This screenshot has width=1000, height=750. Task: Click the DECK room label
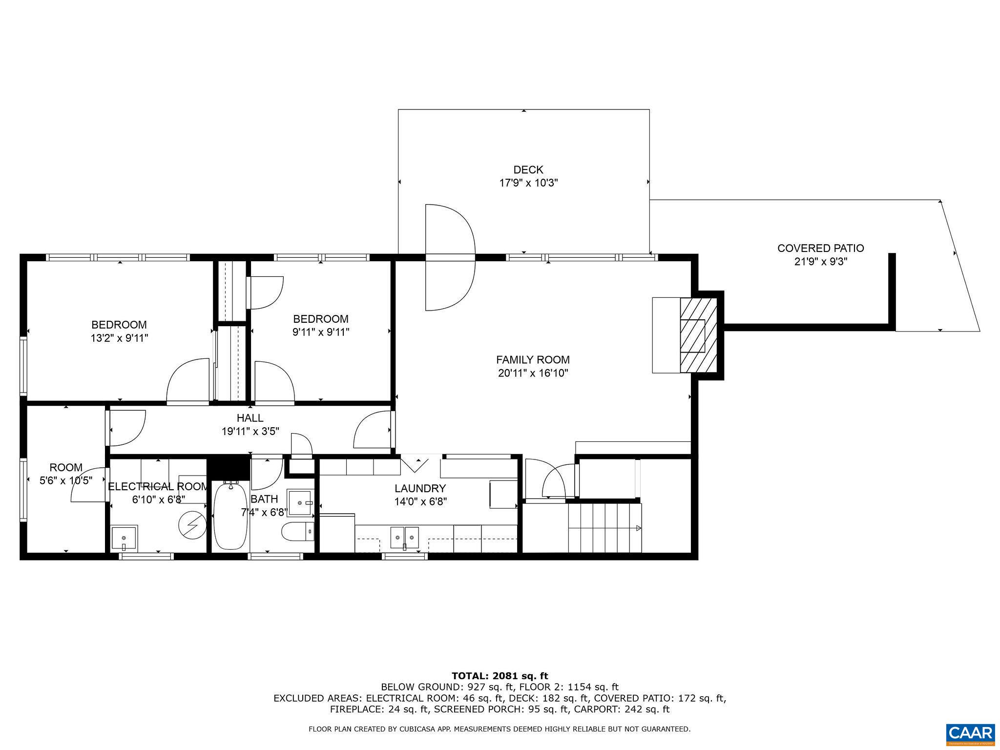tap(528, 170)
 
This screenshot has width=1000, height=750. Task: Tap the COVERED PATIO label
tap(820, 248)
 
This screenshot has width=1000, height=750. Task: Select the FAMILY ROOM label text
tap(533, 360)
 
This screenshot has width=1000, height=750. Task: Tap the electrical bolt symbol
tap(192, 525)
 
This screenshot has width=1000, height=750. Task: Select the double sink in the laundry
tap(405, 538)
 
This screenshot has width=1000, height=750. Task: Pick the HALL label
tap(250, 418)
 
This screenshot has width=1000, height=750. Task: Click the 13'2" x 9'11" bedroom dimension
tap(119, 338)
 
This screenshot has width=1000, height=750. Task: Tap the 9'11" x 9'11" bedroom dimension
tap(321, 332)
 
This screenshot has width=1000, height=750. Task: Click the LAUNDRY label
tap(420, 488)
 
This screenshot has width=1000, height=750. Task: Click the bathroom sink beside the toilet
tap(300, 502)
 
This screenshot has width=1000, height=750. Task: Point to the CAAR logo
tap(970, 734)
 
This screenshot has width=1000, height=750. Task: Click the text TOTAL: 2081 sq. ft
tap(500, 676)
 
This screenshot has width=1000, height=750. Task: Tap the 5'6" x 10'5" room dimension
tap(66, 480)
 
